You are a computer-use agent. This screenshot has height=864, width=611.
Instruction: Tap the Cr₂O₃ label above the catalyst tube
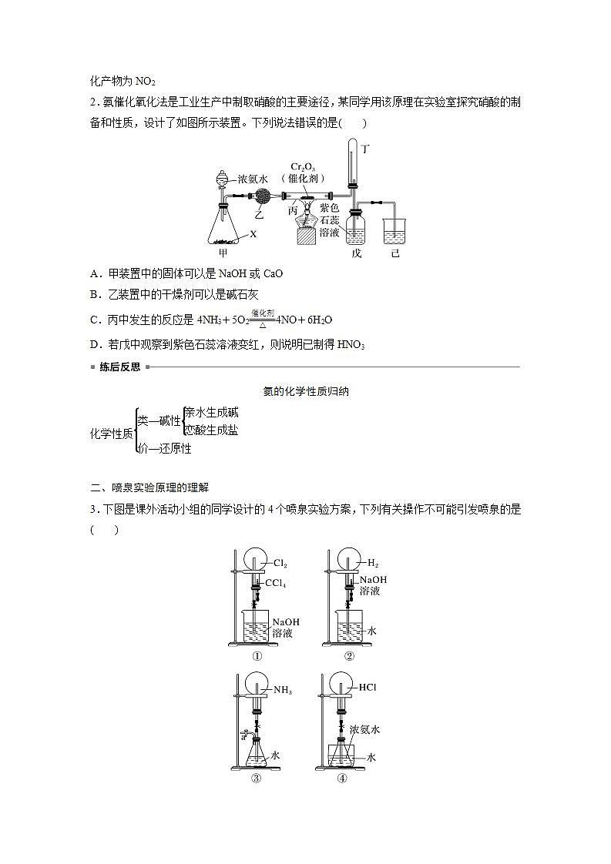[x=303, y=167]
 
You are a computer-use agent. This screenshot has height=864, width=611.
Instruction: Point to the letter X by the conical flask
[x=252, y=233]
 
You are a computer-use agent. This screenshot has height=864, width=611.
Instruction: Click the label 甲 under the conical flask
[x=223, y=252]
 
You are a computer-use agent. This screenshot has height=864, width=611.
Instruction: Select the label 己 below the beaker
[x=394, y=252]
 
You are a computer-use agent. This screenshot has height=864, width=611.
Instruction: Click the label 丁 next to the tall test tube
[x=365, y=149]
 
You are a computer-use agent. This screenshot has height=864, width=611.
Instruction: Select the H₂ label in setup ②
[x=373, y=564]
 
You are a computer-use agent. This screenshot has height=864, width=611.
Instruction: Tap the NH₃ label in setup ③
[x=282, y=690]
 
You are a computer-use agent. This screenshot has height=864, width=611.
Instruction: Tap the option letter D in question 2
[x=94, y=344]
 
